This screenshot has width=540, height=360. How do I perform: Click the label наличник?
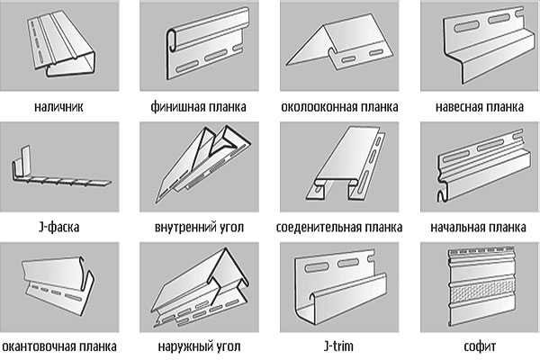coord(58,107)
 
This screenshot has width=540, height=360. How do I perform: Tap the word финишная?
coord(175,107)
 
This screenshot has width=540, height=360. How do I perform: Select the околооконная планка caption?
coord(339,107)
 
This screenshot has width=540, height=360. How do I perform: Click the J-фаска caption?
coord(58,227)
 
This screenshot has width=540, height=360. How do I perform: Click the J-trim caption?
coord(339,346)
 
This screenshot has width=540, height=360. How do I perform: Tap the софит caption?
coord(480,346)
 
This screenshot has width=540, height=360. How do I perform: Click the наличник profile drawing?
coord(62,45)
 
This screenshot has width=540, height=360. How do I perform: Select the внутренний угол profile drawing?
coord(203,164)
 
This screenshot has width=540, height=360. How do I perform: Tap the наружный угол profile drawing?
coord(201,288)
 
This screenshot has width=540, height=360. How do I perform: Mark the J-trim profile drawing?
coord(341,288)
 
